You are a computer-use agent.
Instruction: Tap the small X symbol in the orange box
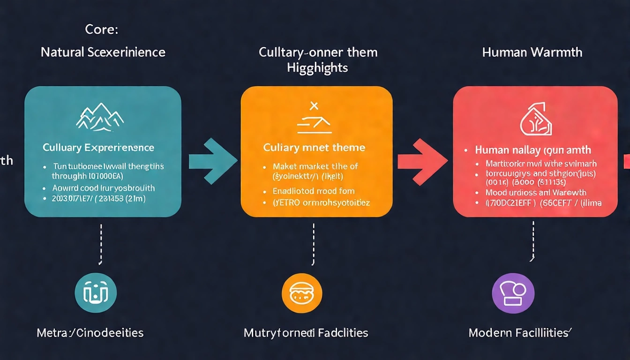pos(314,106)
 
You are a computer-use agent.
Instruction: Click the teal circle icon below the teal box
pos(96,293)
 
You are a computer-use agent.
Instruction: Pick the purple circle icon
pos(513,293)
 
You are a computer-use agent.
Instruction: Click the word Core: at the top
pos(102,29)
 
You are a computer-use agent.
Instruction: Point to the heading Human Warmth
pos(532,52)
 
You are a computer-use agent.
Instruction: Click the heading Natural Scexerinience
pos(103,52)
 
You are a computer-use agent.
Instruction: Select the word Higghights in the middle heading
pos(317,67)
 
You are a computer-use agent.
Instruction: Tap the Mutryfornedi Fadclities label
pos(306,333)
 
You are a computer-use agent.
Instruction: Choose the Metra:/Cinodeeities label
pos(90,333)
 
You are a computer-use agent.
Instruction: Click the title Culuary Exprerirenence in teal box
pos(98,148)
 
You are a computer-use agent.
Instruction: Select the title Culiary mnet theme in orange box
pos(314,148)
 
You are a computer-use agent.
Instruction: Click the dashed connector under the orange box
pos(313,244)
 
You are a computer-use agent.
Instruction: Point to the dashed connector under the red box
pos(533,241)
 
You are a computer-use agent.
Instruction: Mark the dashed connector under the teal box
pos(101,244)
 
